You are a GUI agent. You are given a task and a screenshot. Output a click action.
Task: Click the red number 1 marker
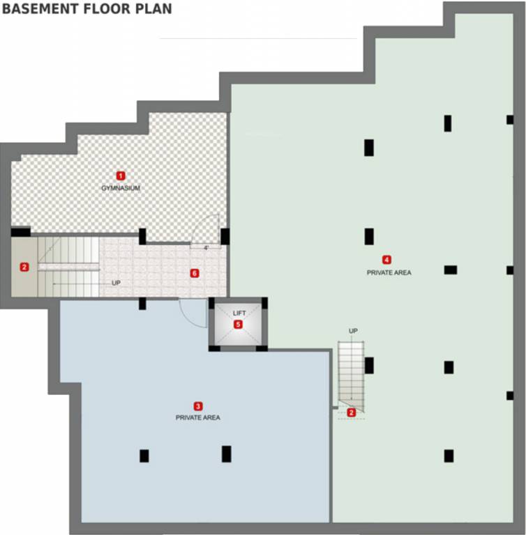pyautogui.click(x=121, y=176)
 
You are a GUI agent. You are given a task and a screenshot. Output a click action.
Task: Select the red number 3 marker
pyautogui.click(x=198, y=405)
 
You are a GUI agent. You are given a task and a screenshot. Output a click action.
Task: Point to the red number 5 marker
pyautogui.click(x=239, y=324)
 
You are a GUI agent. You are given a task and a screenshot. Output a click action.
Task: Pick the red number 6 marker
pyautogui.click(x=195, y=273)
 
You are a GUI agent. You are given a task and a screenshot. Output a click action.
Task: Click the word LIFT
pyautogui.click(x=239, y=313)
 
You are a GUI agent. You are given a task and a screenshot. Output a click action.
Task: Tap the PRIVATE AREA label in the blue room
pyautogui.click(x=198, y=417)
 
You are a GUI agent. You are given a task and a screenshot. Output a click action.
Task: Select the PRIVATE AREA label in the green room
pyautogui.click(x=389, y=272)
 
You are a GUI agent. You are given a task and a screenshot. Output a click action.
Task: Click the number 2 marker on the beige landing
pyautogui.click(x=24, y=267)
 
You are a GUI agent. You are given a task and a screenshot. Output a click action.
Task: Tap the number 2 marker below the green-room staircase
pyautogui.click(x=352, y=412)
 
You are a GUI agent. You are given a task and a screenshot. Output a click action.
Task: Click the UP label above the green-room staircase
pyautogui.click(x=353, y=330)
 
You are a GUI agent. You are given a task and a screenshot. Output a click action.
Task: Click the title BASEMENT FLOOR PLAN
pyautogui.click(x=87, y=10)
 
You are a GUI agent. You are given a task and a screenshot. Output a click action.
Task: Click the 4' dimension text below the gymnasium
pyautogui.click(x=206, y=248)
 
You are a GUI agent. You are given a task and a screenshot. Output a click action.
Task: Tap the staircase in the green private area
pyautogui.click(x=348, y=371)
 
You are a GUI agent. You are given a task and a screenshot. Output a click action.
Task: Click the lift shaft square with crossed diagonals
pyautogui.click(x=239, y=324)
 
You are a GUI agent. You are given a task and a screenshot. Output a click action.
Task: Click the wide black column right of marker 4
pyautogui.click(x=451, y=270)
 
